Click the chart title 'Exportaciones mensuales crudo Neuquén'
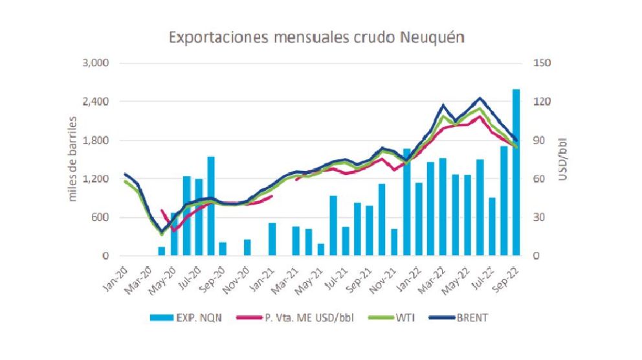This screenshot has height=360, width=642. coord(316,38)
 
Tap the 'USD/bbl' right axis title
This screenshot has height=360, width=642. coord(563,159)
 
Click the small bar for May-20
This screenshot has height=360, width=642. coord(162,251)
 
